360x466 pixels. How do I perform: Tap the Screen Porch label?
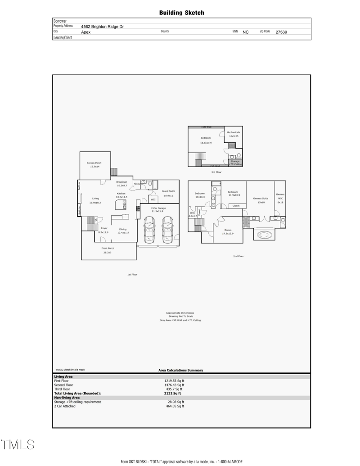94,163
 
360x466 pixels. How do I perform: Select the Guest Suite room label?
168,191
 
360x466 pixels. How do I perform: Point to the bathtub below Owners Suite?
264,235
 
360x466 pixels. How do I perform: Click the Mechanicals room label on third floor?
233,132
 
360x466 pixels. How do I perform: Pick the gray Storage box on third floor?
235,163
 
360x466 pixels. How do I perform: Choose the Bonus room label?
228,230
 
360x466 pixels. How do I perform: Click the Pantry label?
137,184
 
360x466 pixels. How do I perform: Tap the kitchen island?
120,205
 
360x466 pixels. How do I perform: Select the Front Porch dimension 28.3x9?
108,253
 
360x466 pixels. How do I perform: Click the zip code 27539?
281,32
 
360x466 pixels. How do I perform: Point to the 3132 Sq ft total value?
172,393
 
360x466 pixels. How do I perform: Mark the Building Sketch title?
181,13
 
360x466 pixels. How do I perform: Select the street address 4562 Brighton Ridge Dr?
102,27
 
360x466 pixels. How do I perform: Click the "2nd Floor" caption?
238,256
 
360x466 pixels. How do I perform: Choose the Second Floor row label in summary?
63,385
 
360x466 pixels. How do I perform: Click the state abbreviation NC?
246,32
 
